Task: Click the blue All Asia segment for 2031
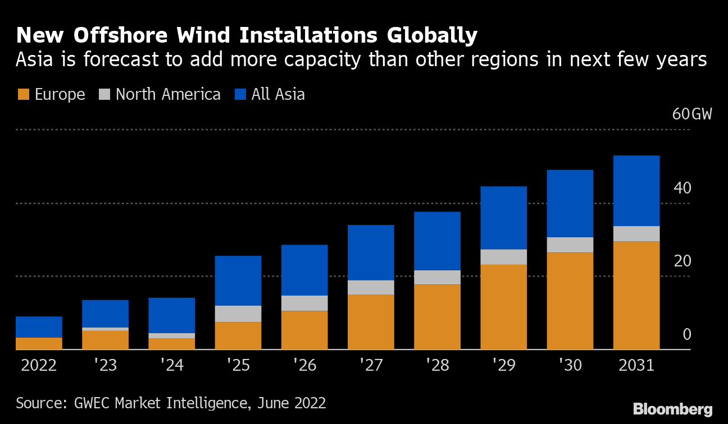(x=636, y=191)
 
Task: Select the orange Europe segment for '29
(x=503, y=307)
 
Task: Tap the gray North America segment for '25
(x=238, y=314)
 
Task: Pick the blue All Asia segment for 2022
(x=39, y=327)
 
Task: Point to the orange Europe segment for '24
(x=171, y=344)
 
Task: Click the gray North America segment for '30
(x=570, y=245)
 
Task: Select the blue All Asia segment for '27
(x=371, y=252)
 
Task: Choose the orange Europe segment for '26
(x=304, y=330)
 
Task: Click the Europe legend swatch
(x=23, y=94)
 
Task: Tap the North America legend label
(x=168, y=94)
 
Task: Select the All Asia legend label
(x=278, y=94)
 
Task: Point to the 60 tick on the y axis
(x=680, y=114)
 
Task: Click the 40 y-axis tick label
(x=682, y=188)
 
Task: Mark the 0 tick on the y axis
(x=686, y=335)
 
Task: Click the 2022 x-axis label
(x=39, y=366)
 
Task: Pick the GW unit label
(x=701, y=114)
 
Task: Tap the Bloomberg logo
(x=672, y=409)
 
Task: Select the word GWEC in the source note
(x=92, y=403)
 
